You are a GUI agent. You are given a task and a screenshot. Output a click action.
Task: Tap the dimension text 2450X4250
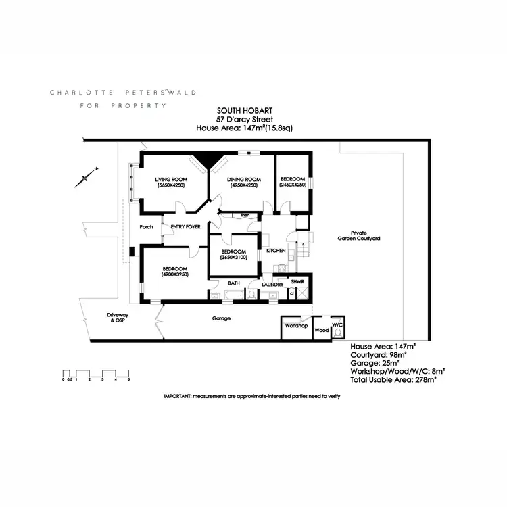(293, 185)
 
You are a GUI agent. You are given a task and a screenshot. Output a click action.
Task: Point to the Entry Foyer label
(187, 226)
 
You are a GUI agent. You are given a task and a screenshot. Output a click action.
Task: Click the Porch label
(147, 226)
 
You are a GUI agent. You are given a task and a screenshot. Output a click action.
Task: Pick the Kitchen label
(276, 251)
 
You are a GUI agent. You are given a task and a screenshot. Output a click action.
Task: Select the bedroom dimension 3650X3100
(233, 257)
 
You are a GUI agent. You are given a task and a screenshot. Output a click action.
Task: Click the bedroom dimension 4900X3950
(174, 275)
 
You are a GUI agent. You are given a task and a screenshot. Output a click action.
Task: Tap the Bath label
(234, 283)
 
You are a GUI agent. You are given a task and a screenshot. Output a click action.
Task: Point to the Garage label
(221, 318)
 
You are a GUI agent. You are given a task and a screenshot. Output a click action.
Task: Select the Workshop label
(296, 326)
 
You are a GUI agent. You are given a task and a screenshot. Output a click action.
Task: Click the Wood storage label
(322, 331)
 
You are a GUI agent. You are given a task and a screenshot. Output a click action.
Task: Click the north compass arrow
(87, 177)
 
